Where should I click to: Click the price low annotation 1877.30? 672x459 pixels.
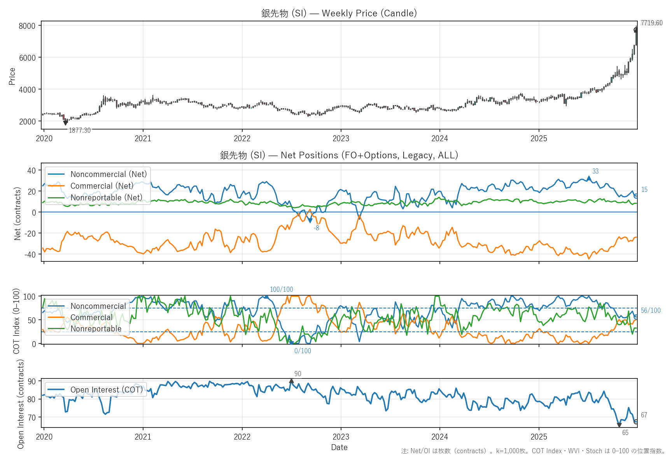80,130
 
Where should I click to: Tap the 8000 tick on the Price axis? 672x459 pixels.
27,26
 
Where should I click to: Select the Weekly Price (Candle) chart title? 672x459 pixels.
339,13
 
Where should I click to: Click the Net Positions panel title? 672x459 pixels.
339,155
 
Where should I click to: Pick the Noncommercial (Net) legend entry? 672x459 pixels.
108,174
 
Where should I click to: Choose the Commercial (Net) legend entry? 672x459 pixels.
101,186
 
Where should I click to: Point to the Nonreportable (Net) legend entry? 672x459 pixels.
106,198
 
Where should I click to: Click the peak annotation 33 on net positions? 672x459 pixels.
595,171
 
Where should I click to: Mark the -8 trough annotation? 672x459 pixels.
316,228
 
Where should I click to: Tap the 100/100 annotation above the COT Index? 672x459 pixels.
282,289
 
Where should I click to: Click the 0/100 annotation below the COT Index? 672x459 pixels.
303,351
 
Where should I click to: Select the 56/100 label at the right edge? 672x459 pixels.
651,310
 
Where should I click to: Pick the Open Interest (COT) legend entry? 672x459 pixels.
107,390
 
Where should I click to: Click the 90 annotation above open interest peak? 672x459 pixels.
297,374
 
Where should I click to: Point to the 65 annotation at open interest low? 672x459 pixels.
625,433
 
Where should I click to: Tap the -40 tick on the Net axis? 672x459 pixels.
31,254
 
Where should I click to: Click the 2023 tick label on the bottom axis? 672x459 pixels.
341,436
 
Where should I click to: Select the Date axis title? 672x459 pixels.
339,447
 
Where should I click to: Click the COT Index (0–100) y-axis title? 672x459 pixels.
16,321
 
